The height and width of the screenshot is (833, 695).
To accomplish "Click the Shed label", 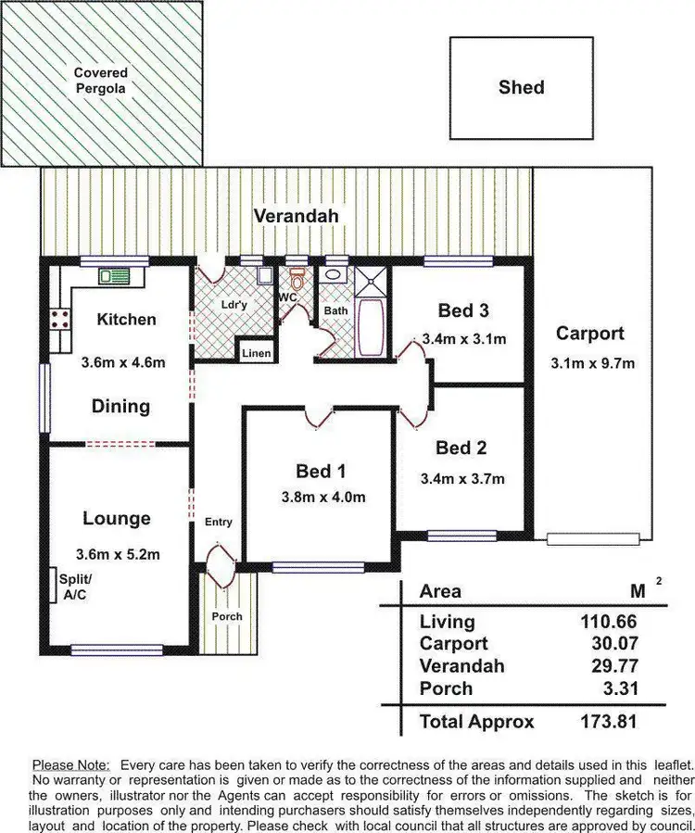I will tap(521, 87).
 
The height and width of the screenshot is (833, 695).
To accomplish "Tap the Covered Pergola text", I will tap(101, 82).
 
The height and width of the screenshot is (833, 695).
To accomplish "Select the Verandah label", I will tap(297, 216).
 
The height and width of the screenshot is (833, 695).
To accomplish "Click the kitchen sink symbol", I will tap(119, 275).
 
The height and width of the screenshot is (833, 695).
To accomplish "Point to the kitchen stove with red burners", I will tap(61, 320).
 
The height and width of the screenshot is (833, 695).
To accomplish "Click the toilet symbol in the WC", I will tap(297, 278).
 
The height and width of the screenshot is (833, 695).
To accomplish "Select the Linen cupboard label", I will tap(257, 353).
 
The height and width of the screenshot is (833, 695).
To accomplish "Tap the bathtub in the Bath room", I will tap(369, 325).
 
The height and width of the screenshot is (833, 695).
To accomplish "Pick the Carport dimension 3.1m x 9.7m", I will tap(589, 362).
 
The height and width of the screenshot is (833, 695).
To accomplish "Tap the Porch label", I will tap(227, 616).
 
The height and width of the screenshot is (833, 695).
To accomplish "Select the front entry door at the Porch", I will tap(222, 565).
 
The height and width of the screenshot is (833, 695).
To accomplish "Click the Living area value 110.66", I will tap(609, 622).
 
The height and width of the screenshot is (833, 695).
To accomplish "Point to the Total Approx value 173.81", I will tap(609, 721).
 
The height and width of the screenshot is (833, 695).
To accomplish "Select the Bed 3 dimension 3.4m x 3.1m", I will tap(463, 339).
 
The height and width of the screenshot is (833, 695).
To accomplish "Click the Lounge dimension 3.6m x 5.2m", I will tap(118, 555).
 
